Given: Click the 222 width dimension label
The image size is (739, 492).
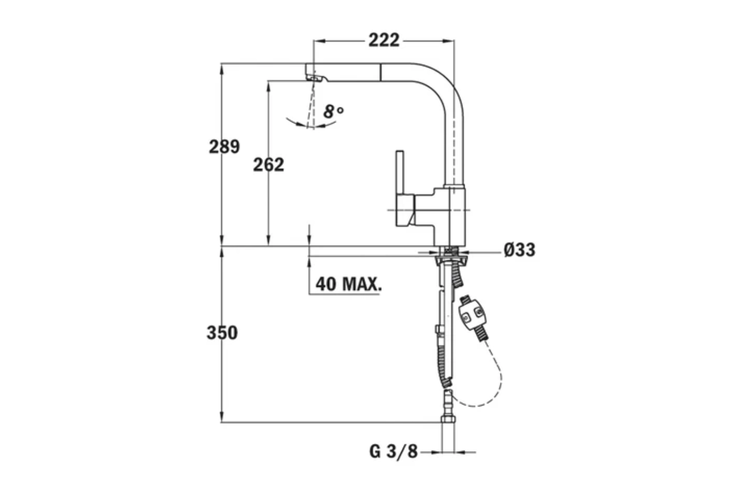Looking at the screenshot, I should [384, 40].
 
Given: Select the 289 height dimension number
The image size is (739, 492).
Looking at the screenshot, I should [224, 147].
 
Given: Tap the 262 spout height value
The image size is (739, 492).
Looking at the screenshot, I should [269, 164].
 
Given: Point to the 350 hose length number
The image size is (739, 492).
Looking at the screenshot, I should [222, 333].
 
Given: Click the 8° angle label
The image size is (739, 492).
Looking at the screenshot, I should [333, 112].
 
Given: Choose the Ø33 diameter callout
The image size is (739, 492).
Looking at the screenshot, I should [519, 250].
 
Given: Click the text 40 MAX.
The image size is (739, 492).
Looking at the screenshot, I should [348, 284].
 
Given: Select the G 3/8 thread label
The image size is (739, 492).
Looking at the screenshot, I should [393, 451].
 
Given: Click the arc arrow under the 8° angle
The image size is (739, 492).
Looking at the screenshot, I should [305, 124].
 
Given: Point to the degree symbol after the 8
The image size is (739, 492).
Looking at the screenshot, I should [340, 109].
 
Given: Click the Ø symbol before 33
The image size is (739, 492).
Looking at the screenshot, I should [509, 250].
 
